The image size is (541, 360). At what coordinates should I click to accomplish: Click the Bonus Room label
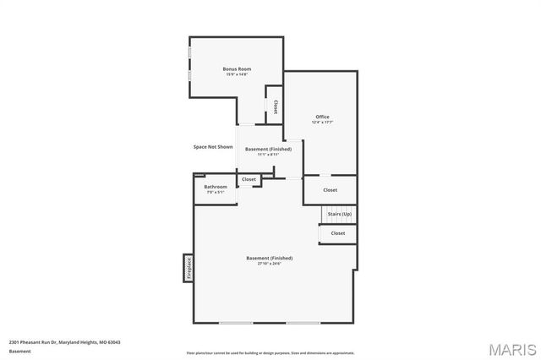tap(237, 68)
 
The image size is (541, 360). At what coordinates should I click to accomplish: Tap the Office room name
tap(322, 117)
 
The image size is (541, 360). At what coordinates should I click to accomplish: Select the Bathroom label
tap(216, 186)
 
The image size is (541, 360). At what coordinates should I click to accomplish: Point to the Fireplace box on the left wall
tap(189, 268)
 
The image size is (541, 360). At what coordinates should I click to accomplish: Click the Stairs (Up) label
tap(339, 214)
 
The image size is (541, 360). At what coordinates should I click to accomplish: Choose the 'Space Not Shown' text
tap(213, 146)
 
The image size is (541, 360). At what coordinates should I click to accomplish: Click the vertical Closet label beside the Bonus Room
tap(275, 107)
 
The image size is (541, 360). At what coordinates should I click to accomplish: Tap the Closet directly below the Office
tap(330, 190)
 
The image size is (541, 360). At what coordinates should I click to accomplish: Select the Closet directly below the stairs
tap(337, 233)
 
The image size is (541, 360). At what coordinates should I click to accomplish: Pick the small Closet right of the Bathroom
tap(249, 179)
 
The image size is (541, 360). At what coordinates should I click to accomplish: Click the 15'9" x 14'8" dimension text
tap(237, 74)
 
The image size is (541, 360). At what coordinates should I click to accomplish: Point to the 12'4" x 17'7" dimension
tap(322, 123)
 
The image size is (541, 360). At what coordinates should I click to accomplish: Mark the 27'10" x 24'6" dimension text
tap(269, 264)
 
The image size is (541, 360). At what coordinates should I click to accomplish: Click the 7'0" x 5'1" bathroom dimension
tap(216, 192)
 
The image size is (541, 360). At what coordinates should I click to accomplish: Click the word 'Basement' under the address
tap(19, 351)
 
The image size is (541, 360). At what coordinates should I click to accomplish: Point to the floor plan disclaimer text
tap(270, 352)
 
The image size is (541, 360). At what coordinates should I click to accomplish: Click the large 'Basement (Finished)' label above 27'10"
tap(269, 258)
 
